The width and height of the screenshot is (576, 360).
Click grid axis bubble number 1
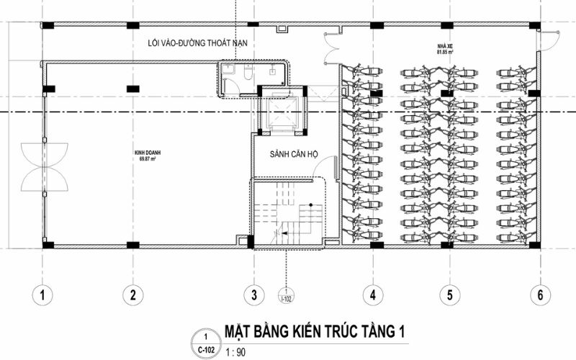[43, 294]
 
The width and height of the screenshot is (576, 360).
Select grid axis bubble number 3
[253, 294]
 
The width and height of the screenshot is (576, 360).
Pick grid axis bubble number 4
[373, 294]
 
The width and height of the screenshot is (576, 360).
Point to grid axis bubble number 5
[450, 294]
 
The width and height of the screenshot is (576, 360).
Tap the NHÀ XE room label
[444, 45]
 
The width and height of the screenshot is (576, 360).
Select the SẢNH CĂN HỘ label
[294, 155]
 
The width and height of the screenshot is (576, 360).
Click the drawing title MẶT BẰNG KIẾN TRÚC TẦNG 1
[315, 332]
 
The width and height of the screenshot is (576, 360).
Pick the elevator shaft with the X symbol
[280, 112]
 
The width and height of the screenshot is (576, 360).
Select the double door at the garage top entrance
[333, 48]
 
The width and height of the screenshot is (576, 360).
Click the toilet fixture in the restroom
[247, 73]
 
